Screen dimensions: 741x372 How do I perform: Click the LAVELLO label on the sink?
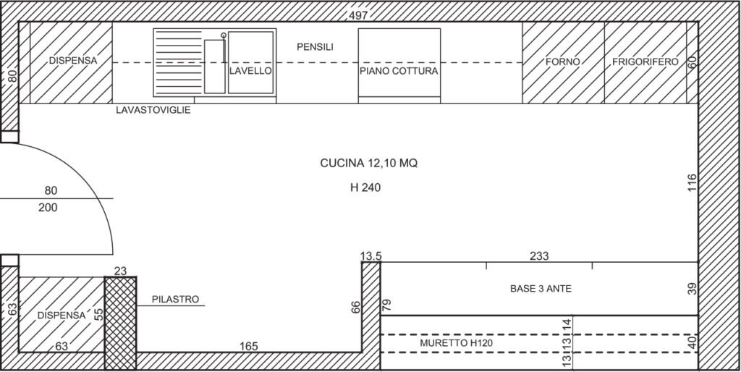(x=250, y=71)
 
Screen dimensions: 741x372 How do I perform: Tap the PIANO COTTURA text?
(x=399, y=72)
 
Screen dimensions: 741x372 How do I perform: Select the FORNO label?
(x=562, y=62)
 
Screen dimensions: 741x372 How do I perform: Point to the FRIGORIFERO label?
(x=645, y=62)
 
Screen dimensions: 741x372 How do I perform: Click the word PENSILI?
(x=316, y=47)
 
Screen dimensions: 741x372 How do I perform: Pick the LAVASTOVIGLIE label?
(x=153, y=110)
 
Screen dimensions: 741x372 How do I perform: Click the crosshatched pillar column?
(x=121, y=324)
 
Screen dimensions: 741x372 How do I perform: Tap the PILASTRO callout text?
(x=175, y=299)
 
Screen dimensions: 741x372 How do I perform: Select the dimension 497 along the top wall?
(x=358, y=16)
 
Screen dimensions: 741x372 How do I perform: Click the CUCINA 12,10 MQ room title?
(x=369, y=164)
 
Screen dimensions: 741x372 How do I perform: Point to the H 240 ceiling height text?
(x=365, y=187)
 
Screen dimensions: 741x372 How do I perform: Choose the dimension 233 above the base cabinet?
(x=539, y=256)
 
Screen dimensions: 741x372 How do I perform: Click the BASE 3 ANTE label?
(x=541, y=288)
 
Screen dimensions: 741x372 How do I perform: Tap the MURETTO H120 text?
(x=456, y=343)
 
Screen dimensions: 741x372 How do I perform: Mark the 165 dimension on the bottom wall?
(x=249, y=347)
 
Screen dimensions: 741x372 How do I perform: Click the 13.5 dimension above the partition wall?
(x=371, y=256)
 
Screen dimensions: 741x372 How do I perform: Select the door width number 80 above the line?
(x=51, y=190)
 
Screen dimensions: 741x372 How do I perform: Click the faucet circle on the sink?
(x=224, y=35)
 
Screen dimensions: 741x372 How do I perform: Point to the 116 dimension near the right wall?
(x=692, y=183)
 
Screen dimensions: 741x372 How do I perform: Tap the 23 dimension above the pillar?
(x=121, y=271)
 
